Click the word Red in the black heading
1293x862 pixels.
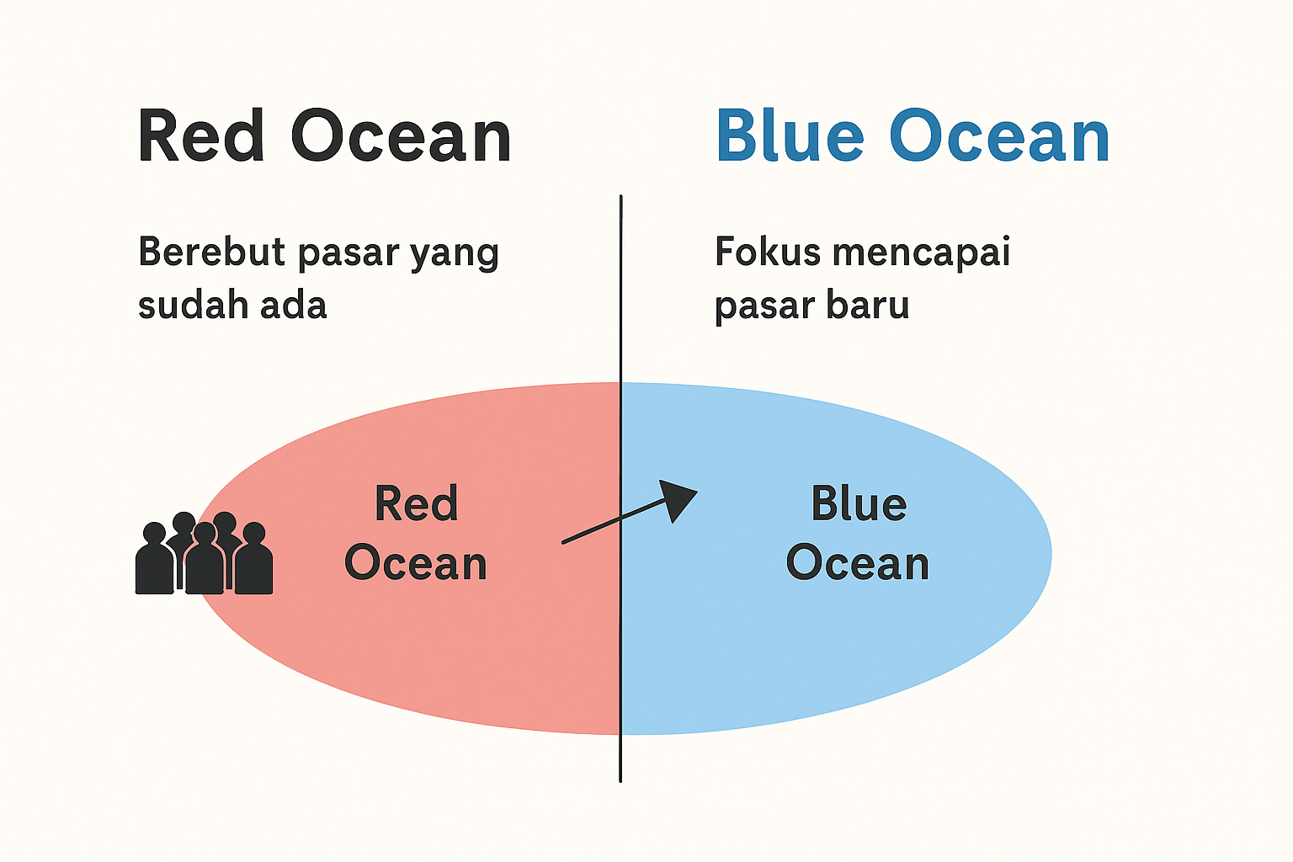202,136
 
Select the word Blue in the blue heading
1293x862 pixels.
790,136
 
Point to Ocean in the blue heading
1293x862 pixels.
1000,136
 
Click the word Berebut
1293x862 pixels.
211,252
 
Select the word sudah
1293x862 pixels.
192,305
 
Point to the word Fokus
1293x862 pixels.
767,252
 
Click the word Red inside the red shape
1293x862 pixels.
416,504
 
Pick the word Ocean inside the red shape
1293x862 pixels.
416,563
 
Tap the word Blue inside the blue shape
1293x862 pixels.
859,504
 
